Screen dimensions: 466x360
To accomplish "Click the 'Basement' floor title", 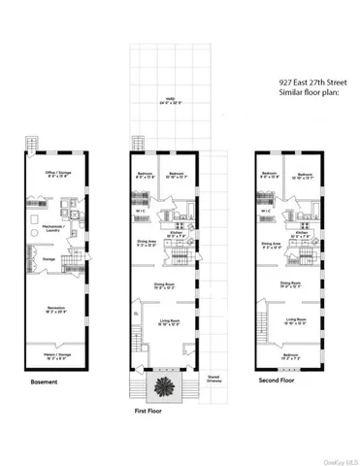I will tap(45, 383).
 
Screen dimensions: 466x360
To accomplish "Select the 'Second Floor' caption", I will tap(278, 383).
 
